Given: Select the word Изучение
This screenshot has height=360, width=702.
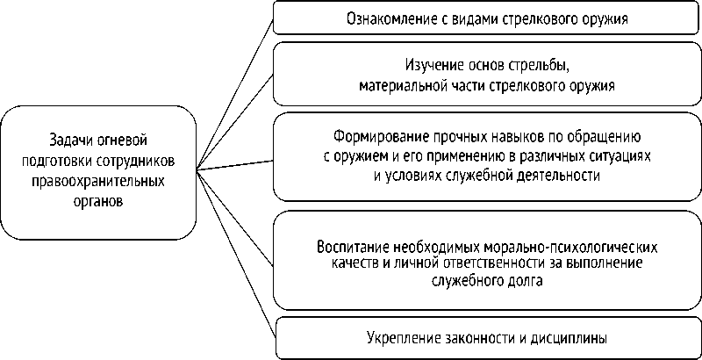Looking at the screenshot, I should (433, 67).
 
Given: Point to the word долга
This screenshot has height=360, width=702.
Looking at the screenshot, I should (526, 282).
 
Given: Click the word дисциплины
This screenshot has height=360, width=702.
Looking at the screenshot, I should (570, 337).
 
